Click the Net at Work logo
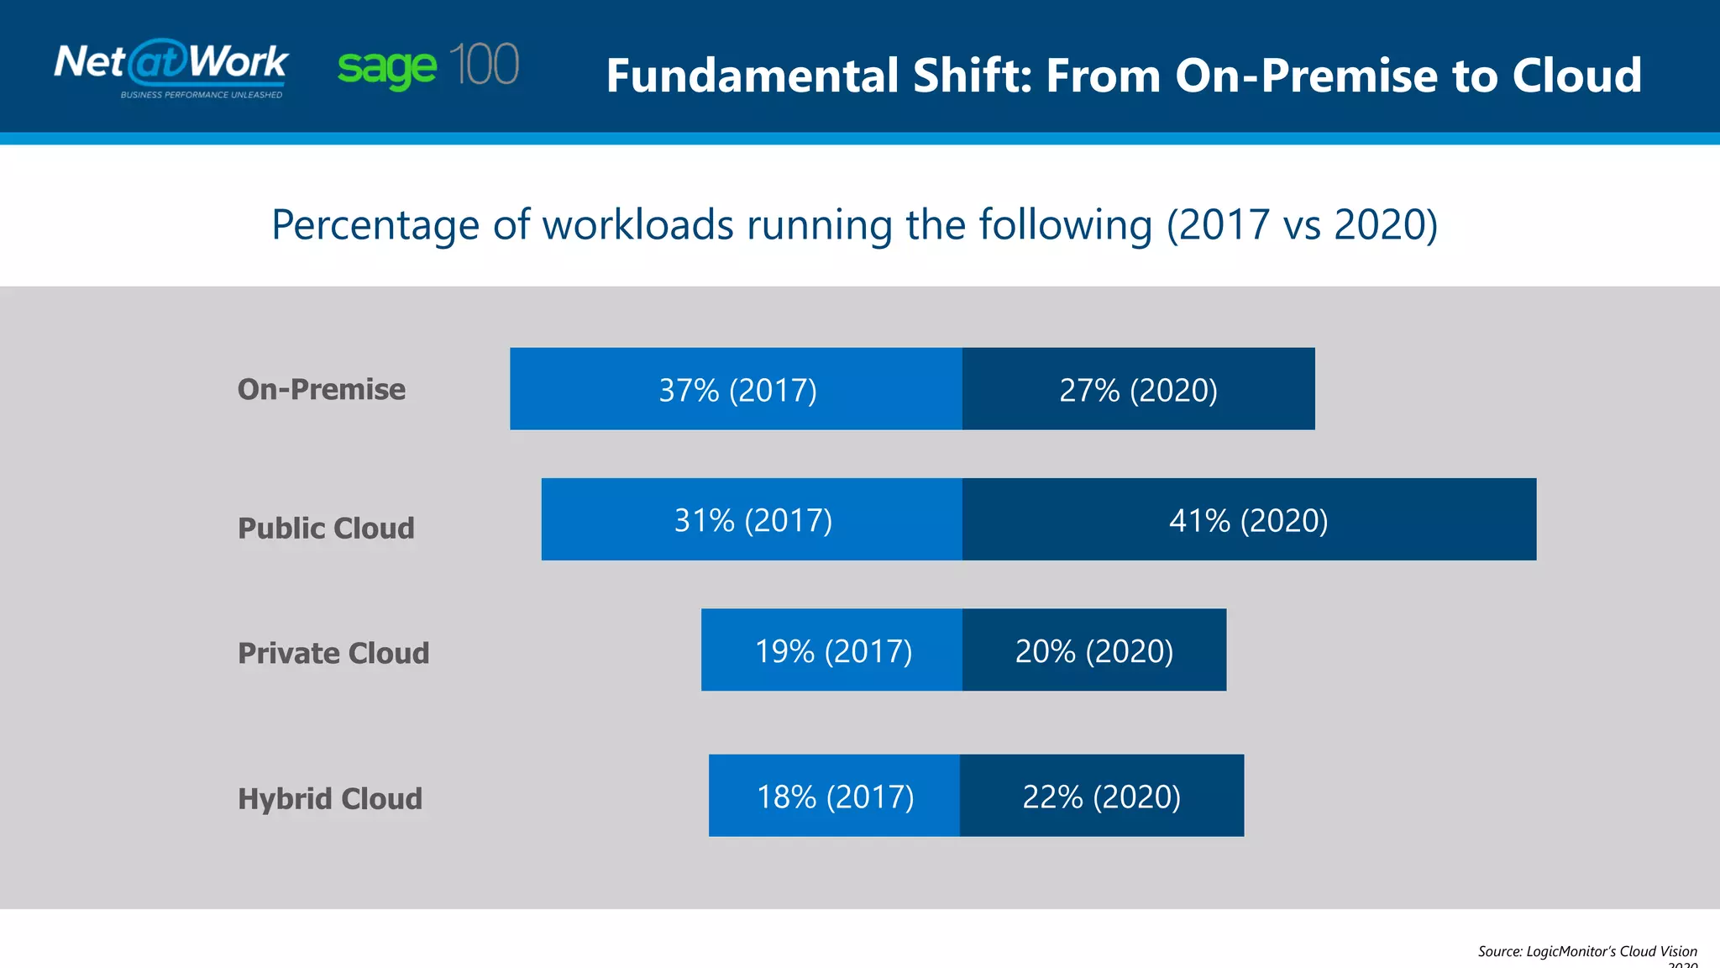(x=170, y=62)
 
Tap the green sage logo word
(x=387, y=67)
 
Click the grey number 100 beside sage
(x=484, y=65)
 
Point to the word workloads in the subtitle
(x=638, y=225)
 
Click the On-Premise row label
(x=322, y=389)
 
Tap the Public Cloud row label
(x=326, y=528)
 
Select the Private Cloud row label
(x=333, y=653)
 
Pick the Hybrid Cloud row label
(x=330, y=798)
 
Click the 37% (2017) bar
(x=737, y=389)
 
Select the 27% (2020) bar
(x=1138, y=389)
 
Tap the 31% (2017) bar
(x=752, y=520)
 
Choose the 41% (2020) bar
(x=1249, y=520)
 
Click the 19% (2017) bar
(x=832, y=650)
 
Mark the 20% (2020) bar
(x=1093, y=650)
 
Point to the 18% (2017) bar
(x=835, y=796)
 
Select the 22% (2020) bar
(x=1101, y=796)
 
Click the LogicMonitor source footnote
(x=1586, y=952)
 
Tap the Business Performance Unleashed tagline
(x=202, y=95)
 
